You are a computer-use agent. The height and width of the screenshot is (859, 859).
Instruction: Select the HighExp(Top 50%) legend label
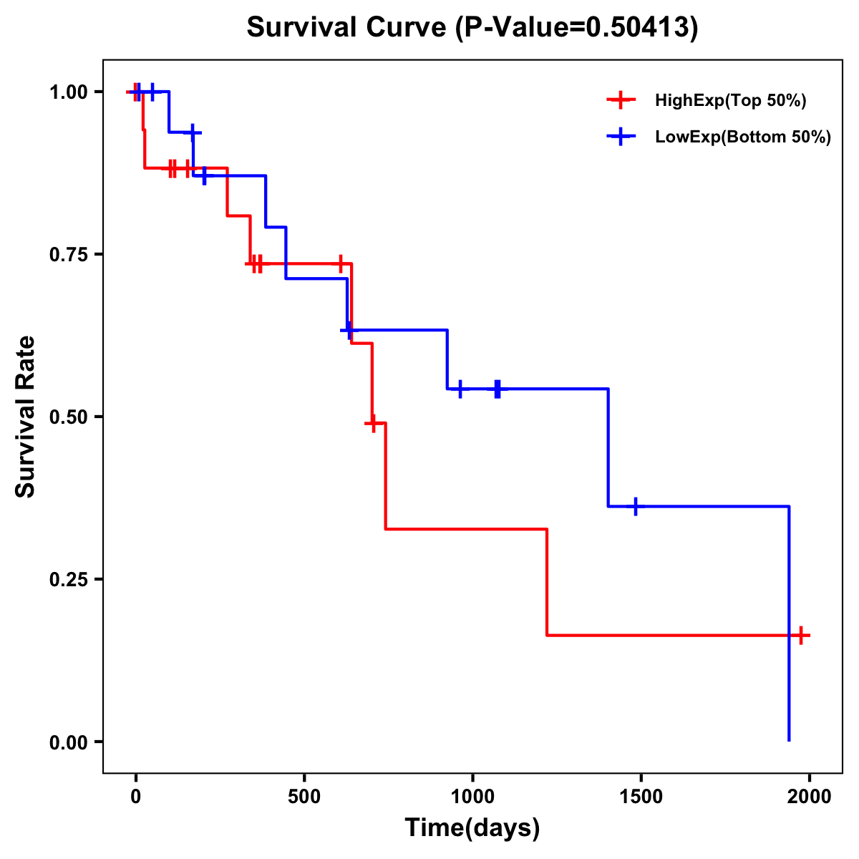click(731, 101)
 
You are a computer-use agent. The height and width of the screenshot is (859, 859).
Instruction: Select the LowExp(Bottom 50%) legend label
click(743, 137)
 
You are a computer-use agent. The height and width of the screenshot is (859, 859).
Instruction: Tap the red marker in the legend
click(621, 100)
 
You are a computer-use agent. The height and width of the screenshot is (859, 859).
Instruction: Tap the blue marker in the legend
click(621, 137)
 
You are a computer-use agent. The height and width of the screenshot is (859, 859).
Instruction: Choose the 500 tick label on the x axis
click(304, 797)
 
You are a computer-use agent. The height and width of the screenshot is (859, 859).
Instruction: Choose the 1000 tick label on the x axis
click(472, 797)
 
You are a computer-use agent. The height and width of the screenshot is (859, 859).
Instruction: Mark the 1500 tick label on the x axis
click(641, 797)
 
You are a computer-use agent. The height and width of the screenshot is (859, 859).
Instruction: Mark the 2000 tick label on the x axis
click(810, 797)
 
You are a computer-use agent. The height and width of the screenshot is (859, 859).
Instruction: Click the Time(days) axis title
click(472, 828)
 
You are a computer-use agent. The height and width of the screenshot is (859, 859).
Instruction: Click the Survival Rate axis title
click(26, 417)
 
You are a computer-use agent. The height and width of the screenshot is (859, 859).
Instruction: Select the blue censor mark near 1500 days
click(635, 506)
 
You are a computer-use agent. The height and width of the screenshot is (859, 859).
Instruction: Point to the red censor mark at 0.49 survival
click(372, 424)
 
